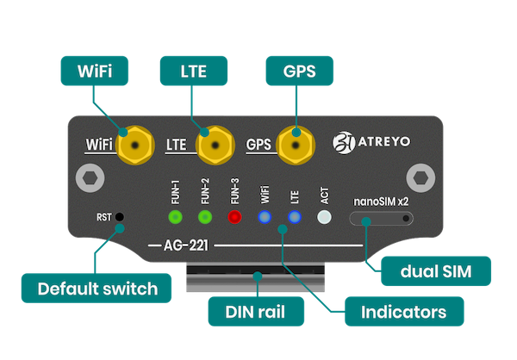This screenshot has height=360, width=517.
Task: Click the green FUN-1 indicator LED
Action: point(175,217)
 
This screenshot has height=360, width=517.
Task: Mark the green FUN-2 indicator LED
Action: point(204,217)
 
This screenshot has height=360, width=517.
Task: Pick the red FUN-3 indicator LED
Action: point(234,217)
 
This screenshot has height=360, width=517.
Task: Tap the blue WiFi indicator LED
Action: point(265,217)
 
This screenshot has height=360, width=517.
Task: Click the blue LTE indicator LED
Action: point(294,217)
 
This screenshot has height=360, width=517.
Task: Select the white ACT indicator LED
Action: point(324,217)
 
